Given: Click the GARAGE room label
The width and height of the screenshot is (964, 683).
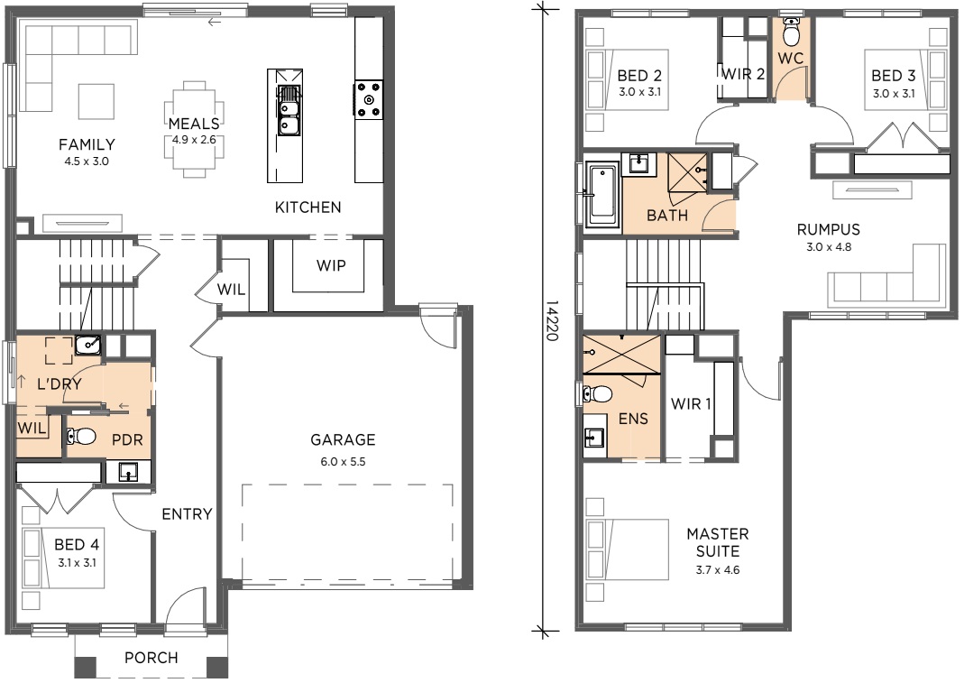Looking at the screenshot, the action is tap(343, 439).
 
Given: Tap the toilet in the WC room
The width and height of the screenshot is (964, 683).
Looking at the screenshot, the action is tap(791, 32).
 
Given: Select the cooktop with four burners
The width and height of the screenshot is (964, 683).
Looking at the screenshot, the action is tap(368, 99).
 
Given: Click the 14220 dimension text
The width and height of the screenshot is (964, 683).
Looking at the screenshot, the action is tap(552, 320).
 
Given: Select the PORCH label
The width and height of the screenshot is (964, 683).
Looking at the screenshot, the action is tap(151, 658).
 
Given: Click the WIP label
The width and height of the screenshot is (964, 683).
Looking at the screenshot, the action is tap(331, 265).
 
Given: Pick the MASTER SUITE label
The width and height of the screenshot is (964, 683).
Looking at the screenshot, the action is tap(718, 542).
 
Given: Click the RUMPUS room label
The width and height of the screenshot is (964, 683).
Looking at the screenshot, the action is tap(828, 229).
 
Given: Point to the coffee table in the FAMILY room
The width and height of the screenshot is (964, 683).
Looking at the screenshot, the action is tap(96, 102).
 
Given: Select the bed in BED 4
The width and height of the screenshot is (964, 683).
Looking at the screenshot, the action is tap(63, 558).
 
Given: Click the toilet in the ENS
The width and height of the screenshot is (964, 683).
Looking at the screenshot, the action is tap(597, 393).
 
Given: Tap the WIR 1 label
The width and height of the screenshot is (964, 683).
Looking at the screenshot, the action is tap(691, 403).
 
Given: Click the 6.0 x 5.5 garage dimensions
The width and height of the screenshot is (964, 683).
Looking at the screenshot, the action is tap(343, 461).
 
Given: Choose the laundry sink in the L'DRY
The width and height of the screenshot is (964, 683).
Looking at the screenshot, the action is tap(87, 345).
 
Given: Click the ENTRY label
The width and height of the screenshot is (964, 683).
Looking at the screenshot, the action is tap(187, 513).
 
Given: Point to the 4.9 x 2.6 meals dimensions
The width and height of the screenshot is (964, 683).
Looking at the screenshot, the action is tap(194, 140).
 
